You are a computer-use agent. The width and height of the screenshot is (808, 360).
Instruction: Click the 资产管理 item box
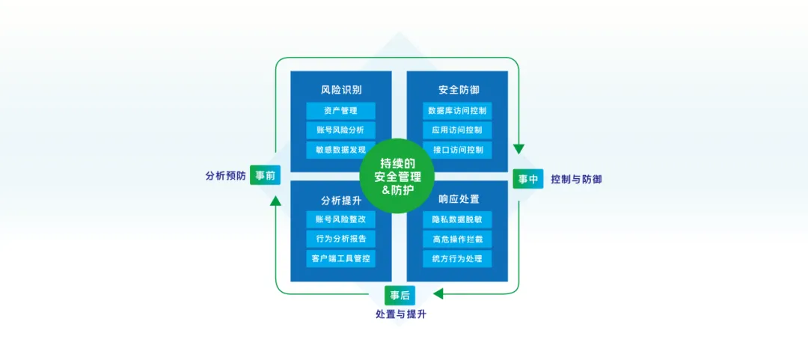pos(340,111)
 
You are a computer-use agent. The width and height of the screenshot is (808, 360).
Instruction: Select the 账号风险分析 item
pos(340,130)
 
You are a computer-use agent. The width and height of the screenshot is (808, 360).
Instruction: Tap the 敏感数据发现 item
pos(340,150)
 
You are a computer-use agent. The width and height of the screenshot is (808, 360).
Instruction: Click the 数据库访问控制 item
pos(457,111)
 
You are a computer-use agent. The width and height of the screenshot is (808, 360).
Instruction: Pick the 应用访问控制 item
pos(457,130)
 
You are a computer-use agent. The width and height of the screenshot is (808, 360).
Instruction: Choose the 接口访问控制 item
pos(457,150)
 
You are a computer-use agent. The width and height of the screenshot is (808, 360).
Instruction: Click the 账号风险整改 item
pos(340,220)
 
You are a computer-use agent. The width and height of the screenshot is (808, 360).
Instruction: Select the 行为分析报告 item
pos(340,240)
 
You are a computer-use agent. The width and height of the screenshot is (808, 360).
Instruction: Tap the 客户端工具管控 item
pos(340,259)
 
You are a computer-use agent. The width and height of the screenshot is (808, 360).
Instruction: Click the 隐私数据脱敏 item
pos(457,220)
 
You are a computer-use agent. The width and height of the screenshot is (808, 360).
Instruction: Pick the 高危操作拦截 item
pos(457,240)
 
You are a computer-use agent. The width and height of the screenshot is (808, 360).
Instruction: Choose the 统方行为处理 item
pos(457,259)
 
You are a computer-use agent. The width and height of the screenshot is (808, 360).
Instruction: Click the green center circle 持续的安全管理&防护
pos(398,176)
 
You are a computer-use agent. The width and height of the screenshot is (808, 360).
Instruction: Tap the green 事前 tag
pos(265,176)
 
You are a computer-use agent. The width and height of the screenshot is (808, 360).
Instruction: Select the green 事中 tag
pos(527,179)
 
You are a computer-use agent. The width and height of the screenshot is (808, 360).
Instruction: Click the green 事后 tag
pos(400,295)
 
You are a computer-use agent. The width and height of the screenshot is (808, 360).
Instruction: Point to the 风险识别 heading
pos(340,90)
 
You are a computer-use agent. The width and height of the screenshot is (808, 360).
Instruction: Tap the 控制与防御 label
pos(576,180)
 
